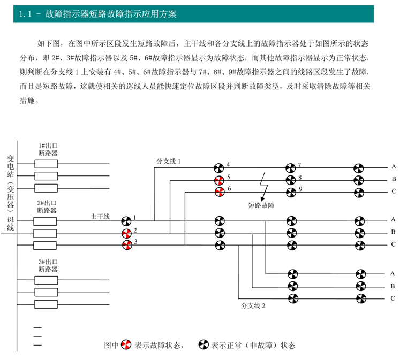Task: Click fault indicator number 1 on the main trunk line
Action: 127,221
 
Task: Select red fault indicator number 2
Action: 127,234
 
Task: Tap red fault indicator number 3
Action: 127,245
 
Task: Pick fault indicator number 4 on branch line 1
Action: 219,168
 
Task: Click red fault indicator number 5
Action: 220,180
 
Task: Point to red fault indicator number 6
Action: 220,192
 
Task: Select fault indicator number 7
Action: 290,168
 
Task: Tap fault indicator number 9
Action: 291,193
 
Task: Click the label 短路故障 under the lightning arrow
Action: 261,205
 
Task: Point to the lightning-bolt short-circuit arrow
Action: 263,186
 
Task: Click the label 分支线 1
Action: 168,161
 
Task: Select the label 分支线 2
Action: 253,305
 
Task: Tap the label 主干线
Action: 100,217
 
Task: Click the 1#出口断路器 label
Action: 48,149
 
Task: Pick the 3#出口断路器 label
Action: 48,265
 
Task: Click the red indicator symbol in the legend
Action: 126,344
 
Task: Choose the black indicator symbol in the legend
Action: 204,344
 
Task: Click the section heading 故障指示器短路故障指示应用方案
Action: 111,14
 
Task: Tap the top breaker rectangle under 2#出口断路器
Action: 45,221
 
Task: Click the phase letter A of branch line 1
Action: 394,167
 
